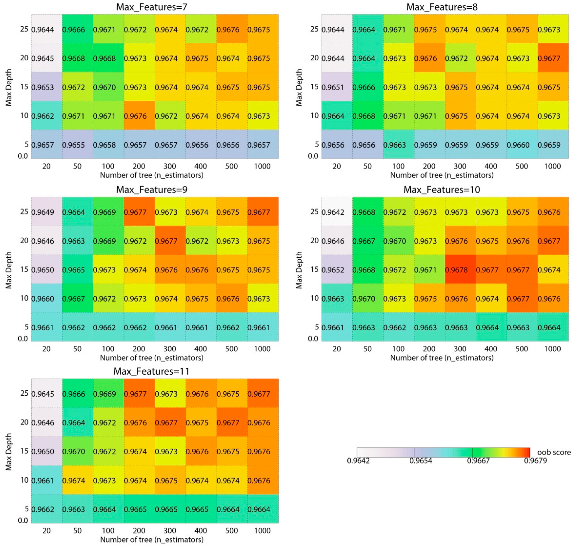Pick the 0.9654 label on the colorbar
[x=421, y=460]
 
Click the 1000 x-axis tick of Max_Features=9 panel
[x=262, y=349]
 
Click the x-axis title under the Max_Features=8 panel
[x=442, y=175]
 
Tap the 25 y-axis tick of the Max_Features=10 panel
[x=314, y=211]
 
